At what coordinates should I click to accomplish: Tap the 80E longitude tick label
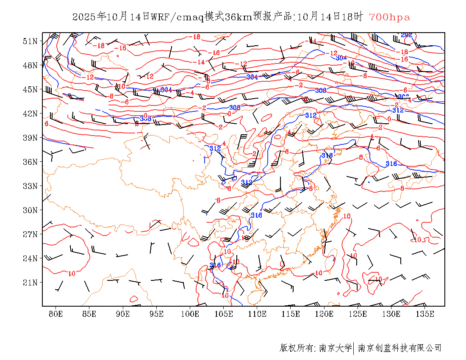tap(55, 314)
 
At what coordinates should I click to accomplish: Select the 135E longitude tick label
tap(425, 314)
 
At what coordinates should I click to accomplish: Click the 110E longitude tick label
tap(257, 314)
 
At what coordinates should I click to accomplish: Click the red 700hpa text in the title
tap(389, 17)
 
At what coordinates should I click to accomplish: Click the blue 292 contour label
tap(406, 35)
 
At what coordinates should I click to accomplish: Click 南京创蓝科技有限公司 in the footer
tap(399, 348)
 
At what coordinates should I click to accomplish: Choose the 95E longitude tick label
tap(156, 314)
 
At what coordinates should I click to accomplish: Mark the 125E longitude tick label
tap(358, 314)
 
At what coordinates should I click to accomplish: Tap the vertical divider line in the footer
tap(354, 348)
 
